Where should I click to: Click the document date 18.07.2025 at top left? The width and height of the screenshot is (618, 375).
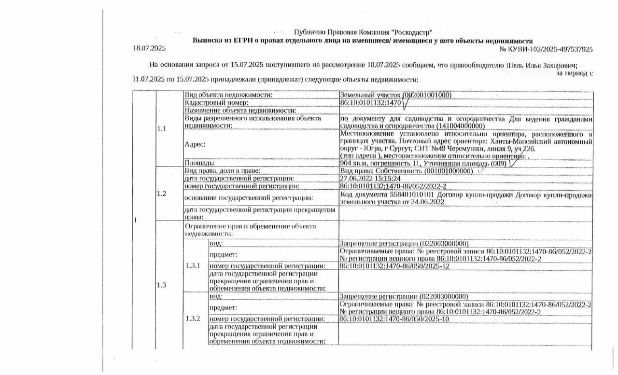point(149,49)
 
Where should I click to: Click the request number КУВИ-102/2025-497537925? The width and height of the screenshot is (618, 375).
point(550,49)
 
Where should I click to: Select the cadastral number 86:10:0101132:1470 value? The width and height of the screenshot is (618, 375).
point(371,103)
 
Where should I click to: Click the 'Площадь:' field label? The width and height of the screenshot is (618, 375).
point(200,163)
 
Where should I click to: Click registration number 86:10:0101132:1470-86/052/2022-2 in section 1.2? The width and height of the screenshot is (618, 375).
point(393,186)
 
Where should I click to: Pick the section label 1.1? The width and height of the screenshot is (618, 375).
point(161,129)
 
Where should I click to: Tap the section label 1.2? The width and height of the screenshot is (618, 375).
point(161,194)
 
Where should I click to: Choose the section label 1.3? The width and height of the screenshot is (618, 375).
point(161,285)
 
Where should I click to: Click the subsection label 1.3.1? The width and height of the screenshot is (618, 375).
point(193,266)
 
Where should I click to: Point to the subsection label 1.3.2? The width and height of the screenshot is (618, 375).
point(193,319)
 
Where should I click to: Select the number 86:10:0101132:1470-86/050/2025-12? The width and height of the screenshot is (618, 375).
point(395,266)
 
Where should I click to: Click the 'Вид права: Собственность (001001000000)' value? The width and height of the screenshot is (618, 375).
point(406,171)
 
